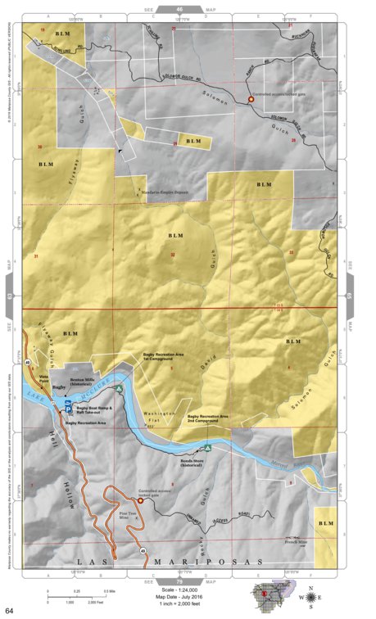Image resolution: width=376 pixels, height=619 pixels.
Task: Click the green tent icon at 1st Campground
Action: [x=119, y=389]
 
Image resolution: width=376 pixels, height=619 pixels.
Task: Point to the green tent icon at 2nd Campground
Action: [x=208, y=448]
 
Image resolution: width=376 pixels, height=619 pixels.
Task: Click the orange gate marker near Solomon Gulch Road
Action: [x=251, y=100]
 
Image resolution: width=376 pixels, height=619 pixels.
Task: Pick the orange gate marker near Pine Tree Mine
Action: [x=140, y=500]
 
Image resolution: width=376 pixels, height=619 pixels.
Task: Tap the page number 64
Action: [x=9, y=611]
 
